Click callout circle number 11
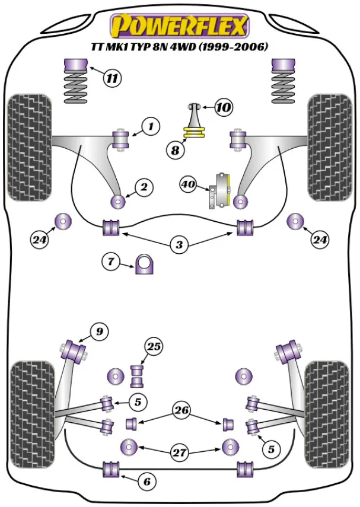click(x=111, y=78)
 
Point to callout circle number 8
click(x=175, y=151)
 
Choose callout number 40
click(x=189, y=185)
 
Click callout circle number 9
click(x=100, y=331)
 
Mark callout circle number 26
click(x=180, y=409)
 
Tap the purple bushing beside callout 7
click(x=144, y=264)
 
